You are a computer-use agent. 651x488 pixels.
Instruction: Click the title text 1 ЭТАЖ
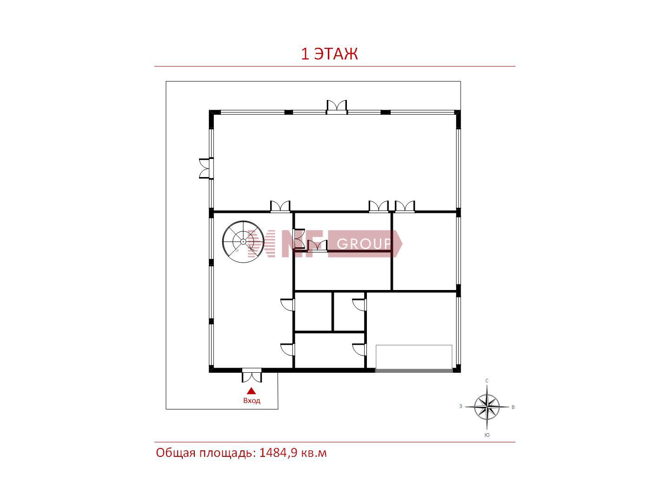(x=329, y=54)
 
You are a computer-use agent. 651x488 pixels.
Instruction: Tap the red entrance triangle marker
(x=252, y=391)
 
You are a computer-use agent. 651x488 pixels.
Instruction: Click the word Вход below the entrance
(x=252, y=401)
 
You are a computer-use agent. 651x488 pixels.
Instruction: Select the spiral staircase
(x=243, y=242)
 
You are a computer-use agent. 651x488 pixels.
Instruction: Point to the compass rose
(x=487, y=407)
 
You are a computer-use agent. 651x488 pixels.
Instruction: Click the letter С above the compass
(x=487, y=381)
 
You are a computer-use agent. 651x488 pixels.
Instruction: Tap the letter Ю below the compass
(x=487, y=435)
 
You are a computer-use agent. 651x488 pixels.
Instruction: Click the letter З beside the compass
(x=461, y=406)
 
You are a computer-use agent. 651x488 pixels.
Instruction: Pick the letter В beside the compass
(x=513, y=407)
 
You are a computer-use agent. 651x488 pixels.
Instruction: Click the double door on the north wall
(x=337, y=107)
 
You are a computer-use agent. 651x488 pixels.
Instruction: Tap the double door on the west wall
(x=206, y=168)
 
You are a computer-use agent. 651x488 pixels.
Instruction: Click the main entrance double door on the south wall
(x=252, y=375)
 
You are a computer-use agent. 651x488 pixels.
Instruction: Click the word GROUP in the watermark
(x=364, y=244)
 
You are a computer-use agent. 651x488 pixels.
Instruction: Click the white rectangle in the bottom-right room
(x=414, y=357)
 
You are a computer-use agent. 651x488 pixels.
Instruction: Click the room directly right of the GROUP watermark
(x=425, y=251)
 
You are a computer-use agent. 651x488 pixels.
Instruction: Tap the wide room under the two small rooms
(x=329, y=350)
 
